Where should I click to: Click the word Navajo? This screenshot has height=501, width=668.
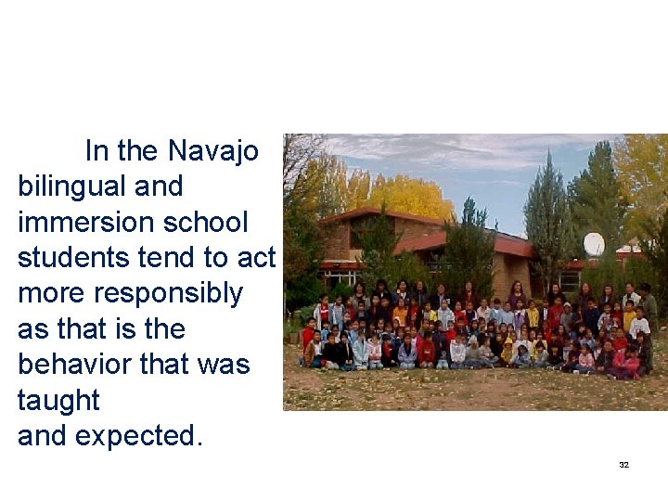click(213, 150)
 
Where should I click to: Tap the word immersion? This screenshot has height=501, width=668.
click(86, 223)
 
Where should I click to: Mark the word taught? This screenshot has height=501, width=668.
click(58, 401)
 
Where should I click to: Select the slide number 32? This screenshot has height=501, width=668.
click(624, 464)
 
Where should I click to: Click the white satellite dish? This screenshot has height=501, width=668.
click(594, 244)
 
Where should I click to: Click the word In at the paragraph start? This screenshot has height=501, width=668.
click(96, 150)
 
